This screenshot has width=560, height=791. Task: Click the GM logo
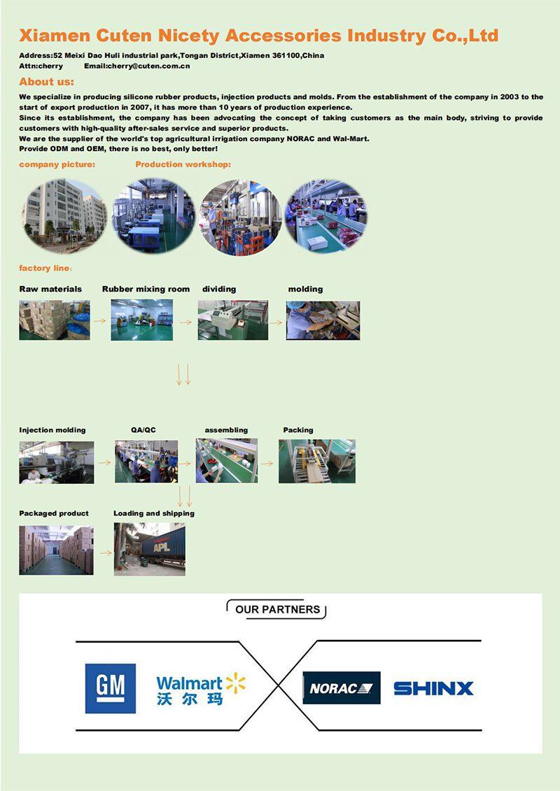click(110, 688)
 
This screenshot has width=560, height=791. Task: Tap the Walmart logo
click(201, 689)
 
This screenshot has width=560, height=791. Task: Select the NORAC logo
click(342, 687)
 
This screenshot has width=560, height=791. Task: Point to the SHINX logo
click(433, 689)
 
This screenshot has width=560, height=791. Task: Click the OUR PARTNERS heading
click(277, 609)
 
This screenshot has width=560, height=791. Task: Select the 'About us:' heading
click(46, 82)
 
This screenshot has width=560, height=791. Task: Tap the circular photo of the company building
click(64, 215)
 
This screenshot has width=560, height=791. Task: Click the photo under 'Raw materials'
click(55, 320)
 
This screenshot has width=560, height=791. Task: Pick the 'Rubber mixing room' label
click(146, 289)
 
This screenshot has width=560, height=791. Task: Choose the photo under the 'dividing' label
click(233, 320)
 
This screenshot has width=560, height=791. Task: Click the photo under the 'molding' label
click(323, 320)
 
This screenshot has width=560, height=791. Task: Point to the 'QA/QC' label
click(143, 430)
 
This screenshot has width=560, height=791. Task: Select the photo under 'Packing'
click(317, 461)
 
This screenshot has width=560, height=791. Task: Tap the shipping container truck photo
click(150, 549)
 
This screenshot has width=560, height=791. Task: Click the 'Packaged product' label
click(54, 513)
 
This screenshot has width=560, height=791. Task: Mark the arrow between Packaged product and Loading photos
click(105, 553)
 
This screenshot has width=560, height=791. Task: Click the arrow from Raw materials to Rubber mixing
click(100, 320)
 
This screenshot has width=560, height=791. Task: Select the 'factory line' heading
click(45, 269)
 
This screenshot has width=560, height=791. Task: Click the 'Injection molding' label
click(52, 430)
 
